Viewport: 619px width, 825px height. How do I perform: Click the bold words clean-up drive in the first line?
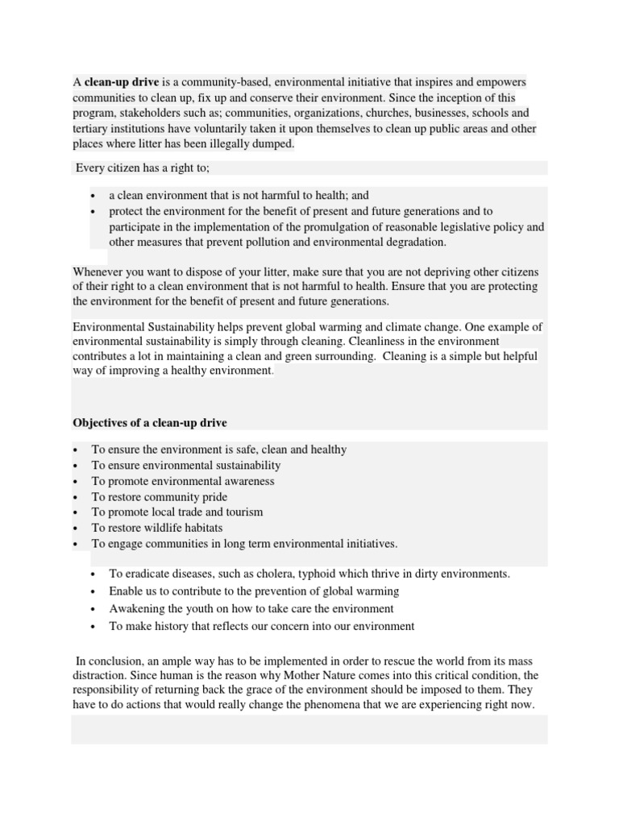[x=122, y=82]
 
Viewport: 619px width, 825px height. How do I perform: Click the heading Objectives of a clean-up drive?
[x=150, y=422]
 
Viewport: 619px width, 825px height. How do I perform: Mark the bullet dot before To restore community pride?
[x=75, y=498]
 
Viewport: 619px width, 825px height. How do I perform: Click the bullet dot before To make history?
[x=94, y=626]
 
